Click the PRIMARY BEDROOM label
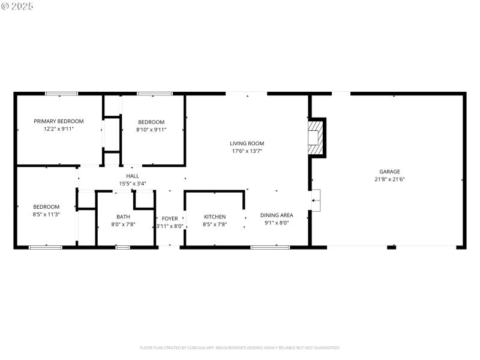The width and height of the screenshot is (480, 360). (x=58, y=121)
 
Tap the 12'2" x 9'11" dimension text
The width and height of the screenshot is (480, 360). (x=58, y=129)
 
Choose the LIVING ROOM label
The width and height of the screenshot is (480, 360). (x=247, y=143)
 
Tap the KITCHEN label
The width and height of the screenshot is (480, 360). (x=215, y=217)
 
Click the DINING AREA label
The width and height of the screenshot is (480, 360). (x=277, y=215)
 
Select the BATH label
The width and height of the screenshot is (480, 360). (x=123, y=217)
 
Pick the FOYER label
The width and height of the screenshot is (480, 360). (x=170, y=218)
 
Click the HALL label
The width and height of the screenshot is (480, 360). (x=133, y=176)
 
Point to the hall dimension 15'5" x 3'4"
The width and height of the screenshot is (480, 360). (x=133, y=184)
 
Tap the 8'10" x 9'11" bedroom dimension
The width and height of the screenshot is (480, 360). (x=151, y=129)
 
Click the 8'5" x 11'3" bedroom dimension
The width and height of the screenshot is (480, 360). (x=46, y=214)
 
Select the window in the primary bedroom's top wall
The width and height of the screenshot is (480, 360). (x=62, y=94)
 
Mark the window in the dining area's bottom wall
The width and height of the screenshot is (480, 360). (x=270, y=247)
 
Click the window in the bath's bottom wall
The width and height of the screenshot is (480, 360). (x=123, y=247)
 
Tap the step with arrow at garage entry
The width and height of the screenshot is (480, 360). (x=316, y=200)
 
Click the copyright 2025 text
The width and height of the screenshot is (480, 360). (x=17, y=6)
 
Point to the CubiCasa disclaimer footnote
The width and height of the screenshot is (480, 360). (x=240, y=347)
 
